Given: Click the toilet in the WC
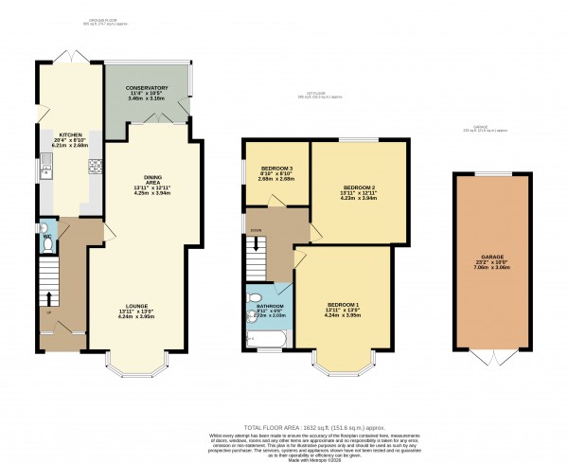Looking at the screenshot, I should (x=48, y=243).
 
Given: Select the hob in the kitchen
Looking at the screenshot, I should (x=95, y=169).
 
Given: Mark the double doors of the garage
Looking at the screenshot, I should (x=490, y=359).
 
